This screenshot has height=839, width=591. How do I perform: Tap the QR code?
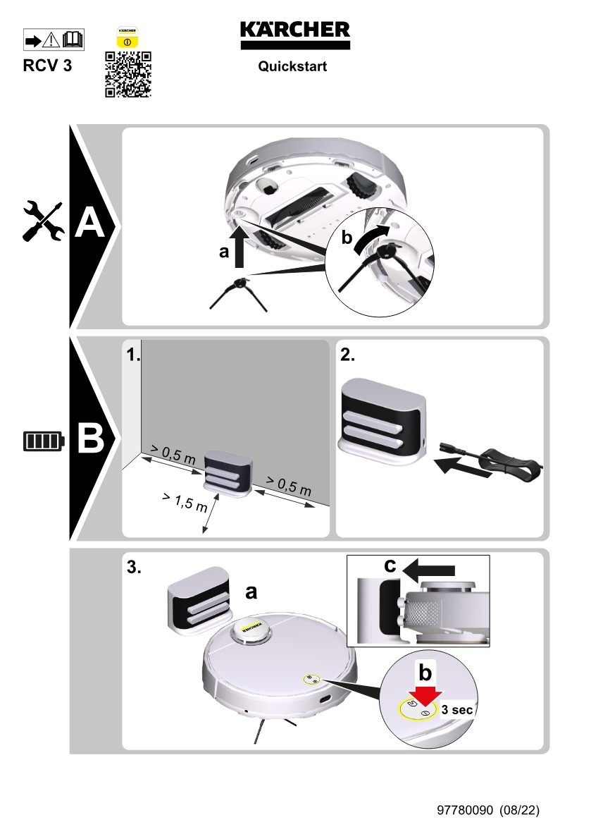point(127,74)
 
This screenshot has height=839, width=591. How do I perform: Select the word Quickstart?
point(292,68)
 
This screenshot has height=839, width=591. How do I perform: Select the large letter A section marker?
point(89,225)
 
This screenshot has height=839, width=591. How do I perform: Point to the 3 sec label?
point(457,710)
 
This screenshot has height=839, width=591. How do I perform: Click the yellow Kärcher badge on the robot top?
point(251,626)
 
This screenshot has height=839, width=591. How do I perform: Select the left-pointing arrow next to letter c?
point(432,566)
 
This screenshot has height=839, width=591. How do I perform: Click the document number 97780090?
point(466,811)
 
